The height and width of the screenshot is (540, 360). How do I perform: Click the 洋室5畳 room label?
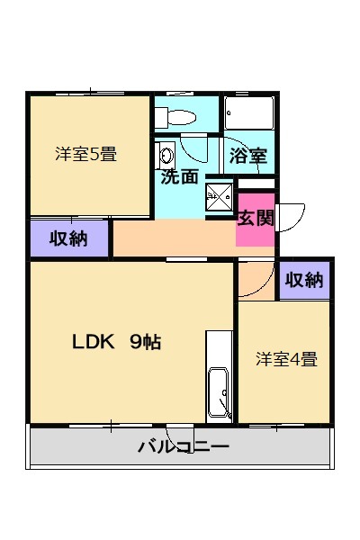pyautogui.click(x=85, y=154)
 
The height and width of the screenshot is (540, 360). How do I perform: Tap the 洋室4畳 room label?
pyautogui.click(x=285, y=359)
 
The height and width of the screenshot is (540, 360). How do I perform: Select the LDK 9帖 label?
pyautogui.click(x=117, y=343)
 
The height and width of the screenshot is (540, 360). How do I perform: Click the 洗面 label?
pyautogui.click(x=179, y=176)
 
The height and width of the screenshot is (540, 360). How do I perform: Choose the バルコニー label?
pyautogui.click(x=184, y=446)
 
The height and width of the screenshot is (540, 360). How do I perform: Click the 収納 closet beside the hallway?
pyautogui.click(x=68, y=238)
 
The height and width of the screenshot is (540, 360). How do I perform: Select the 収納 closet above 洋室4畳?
pyautogui.click(x=304, y=280)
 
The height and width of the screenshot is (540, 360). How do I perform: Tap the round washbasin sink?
pyautogui.click(x=166, y=154)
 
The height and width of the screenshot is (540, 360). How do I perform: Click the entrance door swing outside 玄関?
pyautogui.click(x=290, y=217)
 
